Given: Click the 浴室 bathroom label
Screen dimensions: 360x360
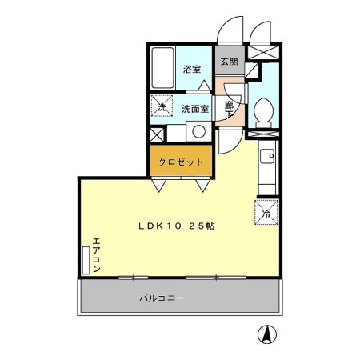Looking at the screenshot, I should point(191,70).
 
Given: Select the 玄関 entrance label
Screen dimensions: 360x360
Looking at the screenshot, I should point(229,62).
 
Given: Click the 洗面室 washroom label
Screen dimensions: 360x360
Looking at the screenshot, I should point(194,108).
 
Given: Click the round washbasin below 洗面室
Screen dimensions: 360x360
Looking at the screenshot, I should point(198,133).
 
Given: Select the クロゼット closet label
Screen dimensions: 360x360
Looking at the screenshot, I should point(180,162).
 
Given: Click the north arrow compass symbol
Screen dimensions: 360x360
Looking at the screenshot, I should point(265,333).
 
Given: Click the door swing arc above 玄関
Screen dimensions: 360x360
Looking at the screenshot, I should point(231,30).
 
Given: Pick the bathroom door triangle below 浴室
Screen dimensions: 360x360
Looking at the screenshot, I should point(205,86).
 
